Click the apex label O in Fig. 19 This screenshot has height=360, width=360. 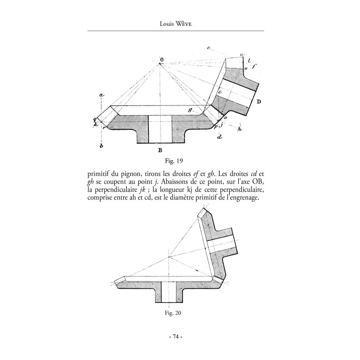coord(162,60)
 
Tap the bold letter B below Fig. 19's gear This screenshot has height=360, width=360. coord(160,150)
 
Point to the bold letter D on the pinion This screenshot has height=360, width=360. coord(259,101)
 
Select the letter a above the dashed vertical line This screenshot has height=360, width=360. coord(101,94)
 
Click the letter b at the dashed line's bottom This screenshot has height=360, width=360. coord(101,146)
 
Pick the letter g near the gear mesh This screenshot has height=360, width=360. coord(190,110)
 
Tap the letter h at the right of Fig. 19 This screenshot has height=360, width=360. coord(240,129)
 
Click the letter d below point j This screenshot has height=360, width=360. coord(220,137)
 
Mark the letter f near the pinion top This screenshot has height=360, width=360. coord(254,66)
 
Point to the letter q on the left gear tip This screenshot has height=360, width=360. coord(95,119)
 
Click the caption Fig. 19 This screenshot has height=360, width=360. coord(174,161)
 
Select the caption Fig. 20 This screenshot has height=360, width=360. coord(173,313)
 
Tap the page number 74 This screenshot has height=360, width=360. coord(176,337)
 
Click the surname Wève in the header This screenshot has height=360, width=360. coord(183,24)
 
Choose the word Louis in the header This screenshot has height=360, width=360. coord(166,24)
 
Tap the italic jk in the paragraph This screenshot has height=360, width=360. coord(142,190)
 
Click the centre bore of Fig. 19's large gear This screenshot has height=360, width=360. coord(160,129)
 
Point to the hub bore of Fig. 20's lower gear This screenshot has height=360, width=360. coord(169,292)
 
